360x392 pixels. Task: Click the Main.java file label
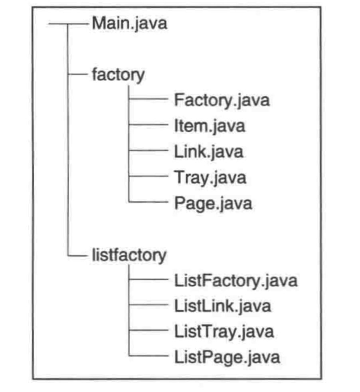tap(129, 24)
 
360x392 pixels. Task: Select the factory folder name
tap(118, 75)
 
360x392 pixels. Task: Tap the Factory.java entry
tap(222, 100)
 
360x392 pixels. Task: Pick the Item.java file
tap(209, 126)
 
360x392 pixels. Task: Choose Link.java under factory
tap(208, 152)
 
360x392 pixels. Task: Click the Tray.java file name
tap(210, 177)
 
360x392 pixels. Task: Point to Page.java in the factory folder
tap(213, 203)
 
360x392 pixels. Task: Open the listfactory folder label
tap(129, 255)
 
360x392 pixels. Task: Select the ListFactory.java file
tap(235, 280)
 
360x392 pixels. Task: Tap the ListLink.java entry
tap(223, 306)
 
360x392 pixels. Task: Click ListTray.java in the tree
tap(224, 332)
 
